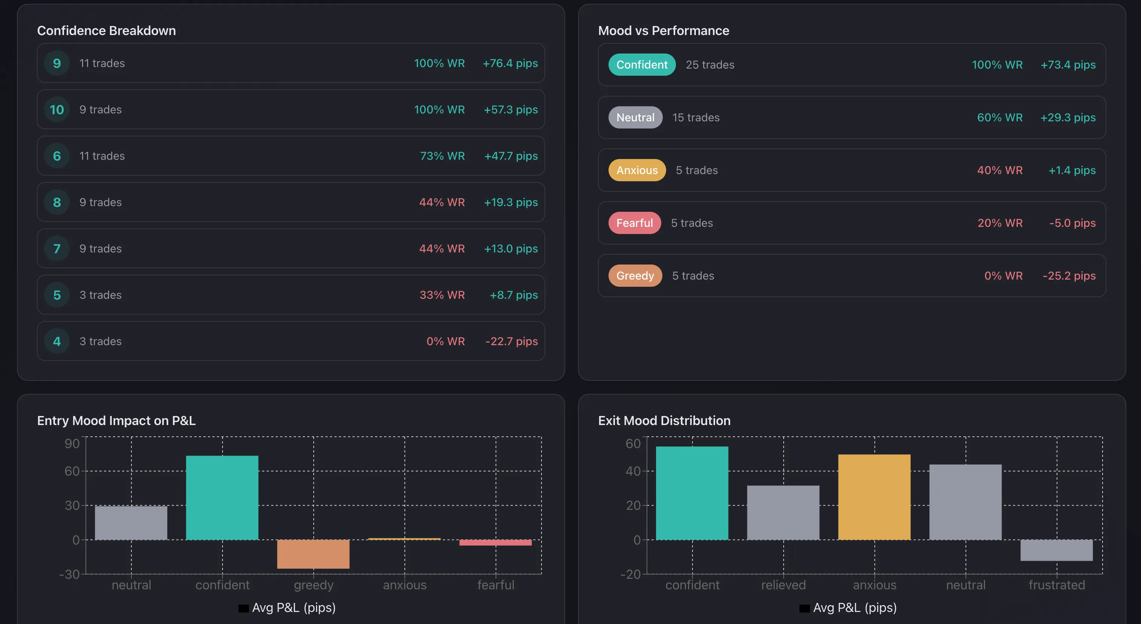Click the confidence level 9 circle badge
point(57,63)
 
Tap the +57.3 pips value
point(510,110)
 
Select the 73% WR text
point(442,156)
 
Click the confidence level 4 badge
point(57,341)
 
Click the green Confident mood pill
point(641,65)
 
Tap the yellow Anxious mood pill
point(636,170)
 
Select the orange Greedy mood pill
point(635,276)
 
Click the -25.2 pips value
point(1068,276)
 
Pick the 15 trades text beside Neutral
point(696,118)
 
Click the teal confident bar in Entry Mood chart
point(222,497)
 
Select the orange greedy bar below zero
point(313,554)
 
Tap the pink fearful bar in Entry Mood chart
point(495,543)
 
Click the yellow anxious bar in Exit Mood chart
point(874,496)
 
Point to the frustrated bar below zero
point(1056,550)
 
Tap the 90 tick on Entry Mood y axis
point(72,444)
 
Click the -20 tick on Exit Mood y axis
point(630,574)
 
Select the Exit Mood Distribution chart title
point(664,421)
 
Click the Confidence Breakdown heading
point(106,31)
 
